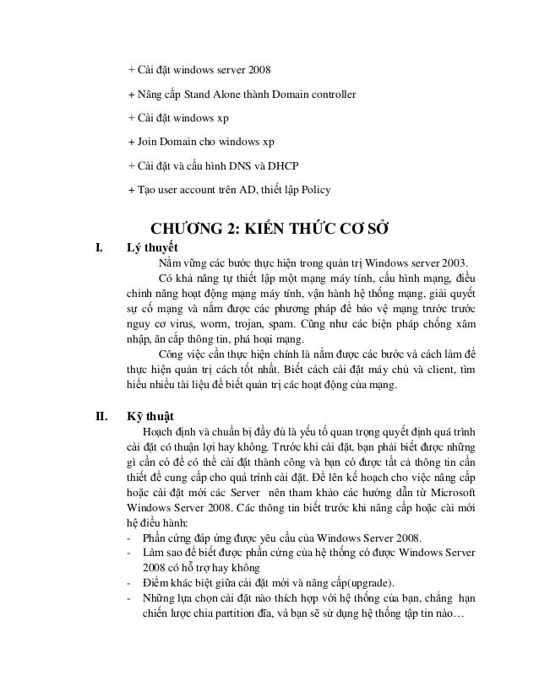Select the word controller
329,93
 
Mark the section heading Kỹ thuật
150,415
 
